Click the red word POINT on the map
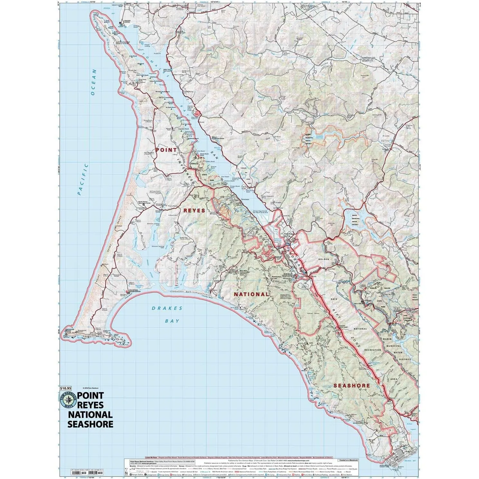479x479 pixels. (166, 150)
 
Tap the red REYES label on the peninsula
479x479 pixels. (194, 211)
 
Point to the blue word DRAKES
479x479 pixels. (167, 308)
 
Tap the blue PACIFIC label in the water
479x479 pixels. (83, 180)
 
